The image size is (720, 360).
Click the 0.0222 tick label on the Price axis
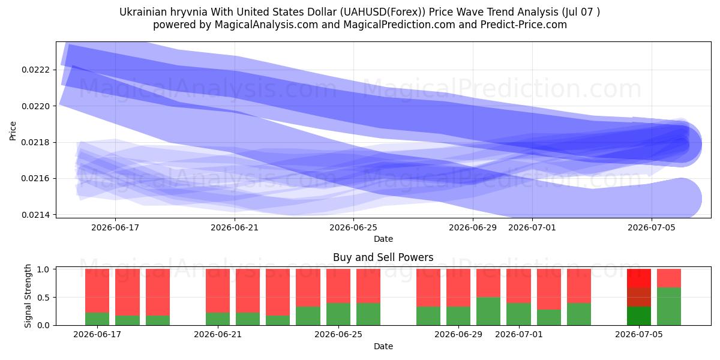point(35,70)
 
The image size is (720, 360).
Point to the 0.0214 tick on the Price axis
point(35,214)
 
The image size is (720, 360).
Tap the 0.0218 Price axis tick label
point(35,142)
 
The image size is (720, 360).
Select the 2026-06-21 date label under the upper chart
point(235,227)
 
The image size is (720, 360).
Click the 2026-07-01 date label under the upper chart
point(532,227)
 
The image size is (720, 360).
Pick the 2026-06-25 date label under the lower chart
point(338,334)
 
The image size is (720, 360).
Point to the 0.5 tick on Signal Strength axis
point(43,298)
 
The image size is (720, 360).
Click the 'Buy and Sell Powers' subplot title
point(383,257)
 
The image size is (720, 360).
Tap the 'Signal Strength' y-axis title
point(28,296)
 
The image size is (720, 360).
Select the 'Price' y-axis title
point(13,131)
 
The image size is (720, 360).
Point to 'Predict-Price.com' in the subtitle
point(524,25)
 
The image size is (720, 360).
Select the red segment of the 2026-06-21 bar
point(218,290)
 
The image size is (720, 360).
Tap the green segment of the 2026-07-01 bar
point(519,314)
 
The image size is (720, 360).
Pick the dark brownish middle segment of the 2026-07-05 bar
point(639,297)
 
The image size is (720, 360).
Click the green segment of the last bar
point(669,307)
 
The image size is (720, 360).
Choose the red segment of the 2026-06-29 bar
point(458,287)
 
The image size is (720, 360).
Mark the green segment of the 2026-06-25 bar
point(338,314)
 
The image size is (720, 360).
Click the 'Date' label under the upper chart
point(383,239)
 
